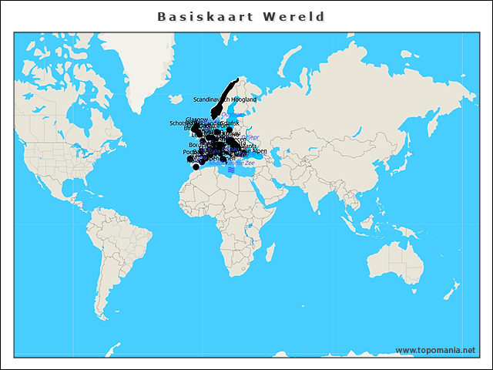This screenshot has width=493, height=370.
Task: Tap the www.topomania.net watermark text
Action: tap(435, 350)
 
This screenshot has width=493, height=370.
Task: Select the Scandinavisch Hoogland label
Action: tap(225, 99)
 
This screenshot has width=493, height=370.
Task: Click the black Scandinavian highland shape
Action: tap(229, 92)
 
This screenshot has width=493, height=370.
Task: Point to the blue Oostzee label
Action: tap(231, 116)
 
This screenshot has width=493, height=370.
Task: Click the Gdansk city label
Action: tap(229, 123)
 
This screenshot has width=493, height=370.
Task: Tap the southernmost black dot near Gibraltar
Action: tap(196, 166)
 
